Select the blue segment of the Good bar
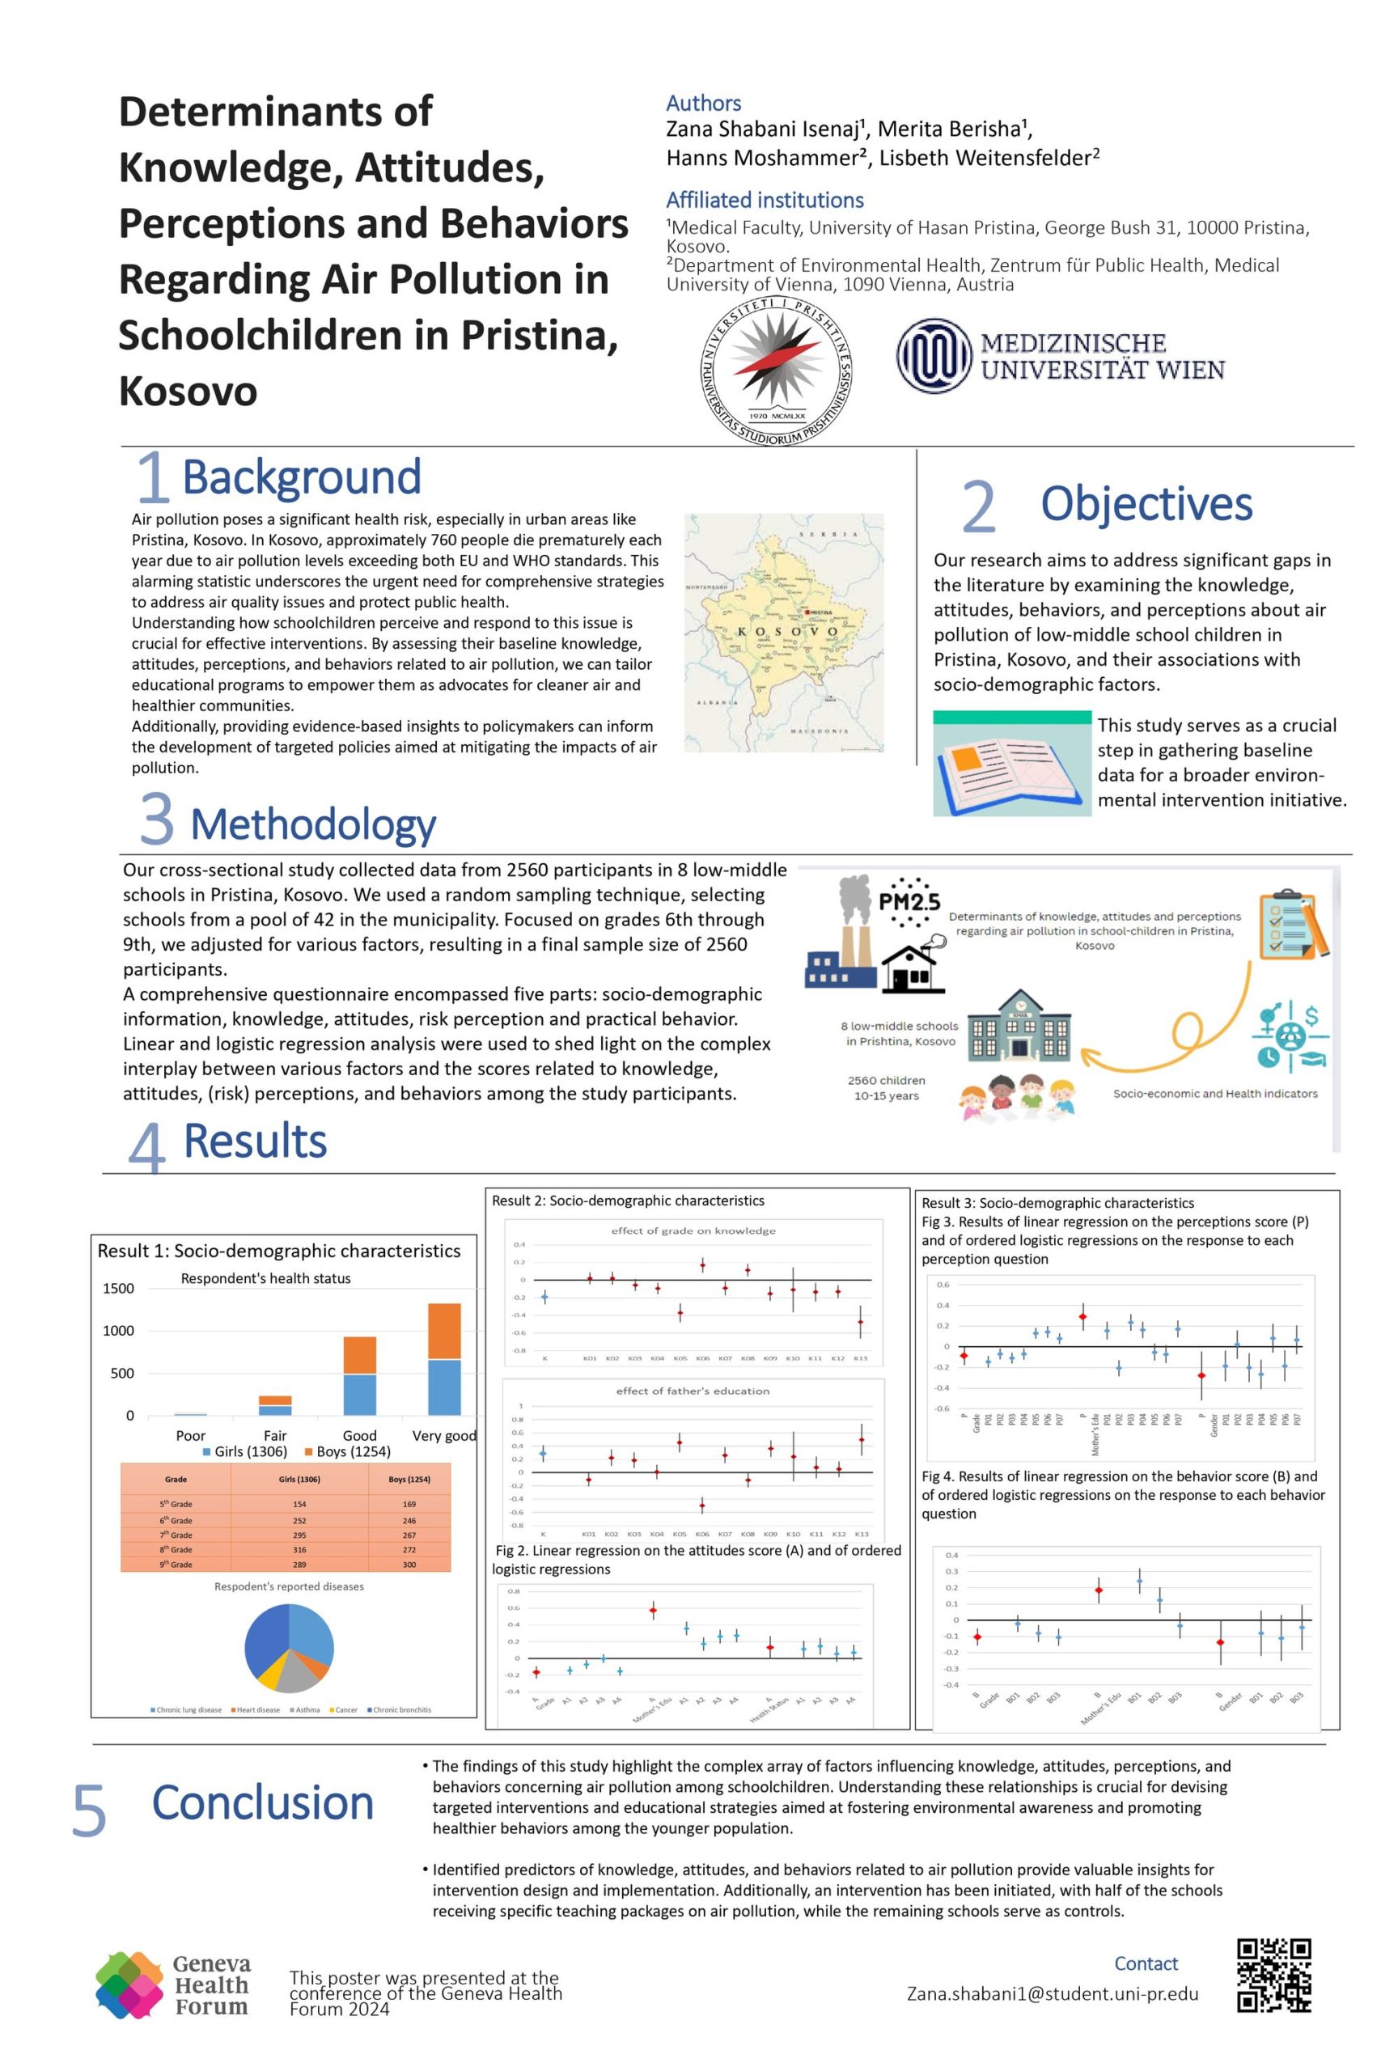pos(360,1394)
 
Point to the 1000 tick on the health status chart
pos(118,1331)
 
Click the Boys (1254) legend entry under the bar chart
pos(348,1451)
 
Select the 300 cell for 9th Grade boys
pos(409,1564)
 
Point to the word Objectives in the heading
pos(1146,504)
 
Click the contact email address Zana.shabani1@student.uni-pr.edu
pos(1053,1993)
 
